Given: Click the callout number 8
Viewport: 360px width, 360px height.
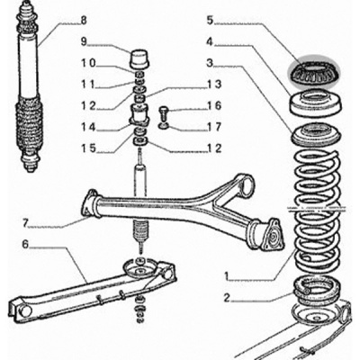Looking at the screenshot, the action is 84,21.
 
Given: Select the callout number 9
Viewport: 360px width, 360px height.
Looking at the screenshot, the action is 84,41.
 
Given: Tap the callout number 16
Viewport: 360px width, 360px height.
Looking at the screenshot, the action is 214,105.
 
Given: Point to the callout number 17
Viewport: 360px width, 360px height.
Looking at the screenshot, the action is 214,127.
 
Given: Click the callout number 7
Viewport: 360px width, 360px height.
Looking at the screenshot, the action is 26,223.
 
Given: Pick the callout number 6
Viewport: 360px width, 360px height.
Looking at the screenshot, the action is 25,244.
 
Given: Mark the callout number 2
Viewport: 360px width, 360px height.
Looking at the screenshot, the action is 227,298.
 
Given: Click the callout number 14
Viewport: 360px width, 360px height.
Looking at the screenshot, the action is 88,128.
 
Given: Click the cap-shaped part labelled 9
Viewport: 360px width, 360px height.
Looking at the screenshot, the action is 139,58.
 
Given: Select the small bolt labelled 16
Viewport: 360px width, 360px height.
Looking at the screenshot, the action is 164,112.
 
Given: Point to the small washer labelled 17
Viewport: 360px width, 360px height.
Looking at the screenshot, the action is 164,126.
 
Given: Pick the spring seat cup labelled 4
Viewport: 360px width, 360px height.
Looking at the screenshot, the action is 316,103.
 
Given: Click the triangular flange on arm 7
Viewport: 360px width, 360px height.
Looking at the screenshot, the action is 273,235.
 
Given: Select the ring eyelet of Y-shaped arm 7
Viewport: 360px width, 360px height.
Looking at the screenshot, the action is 246,186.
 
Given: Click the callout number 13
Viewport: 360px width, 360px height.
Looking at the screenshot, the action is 214,85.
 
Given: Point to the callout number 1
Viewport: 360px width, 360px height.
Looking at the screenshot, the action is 228,275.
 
